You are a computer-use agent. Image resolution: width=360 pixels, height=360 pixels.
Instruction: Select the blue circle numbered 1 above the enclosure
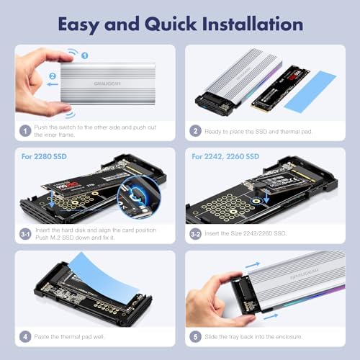[x=84, y=55]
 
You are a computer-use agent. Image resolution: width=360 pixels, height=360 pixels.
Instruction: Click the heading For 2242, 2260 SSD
[x=225, y=156]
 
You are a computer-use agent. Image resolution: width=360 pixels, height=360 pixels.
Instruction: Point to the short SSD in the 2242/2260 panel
[x=270, y=184]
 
